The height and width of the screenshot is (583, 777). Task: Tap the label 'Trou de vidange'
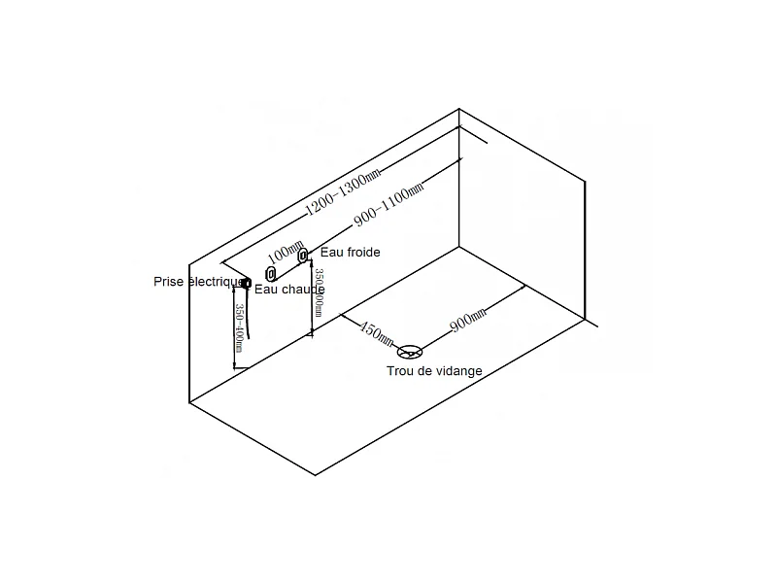pyautogui.click(x=434, y=371)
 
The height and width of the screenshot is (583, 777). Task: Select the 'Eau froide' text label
pyautogui.click(x=350, y=253)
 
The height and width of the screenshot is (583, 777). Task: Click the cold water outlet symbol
pyautogui.click(x=304, y=256)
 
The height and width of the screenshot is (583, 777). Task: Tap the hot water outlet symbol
pyautogui.click(x=271, y=275)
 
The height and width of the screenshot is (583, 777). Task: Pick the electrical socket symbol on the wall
pyautogui.click(x=246, y=283)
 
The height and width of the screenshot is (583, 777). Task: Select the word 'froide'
pyautogui.click(x=363, y=253)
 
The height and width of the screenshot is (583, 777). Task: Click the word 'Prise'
pyautogui.click(x=168, y=282)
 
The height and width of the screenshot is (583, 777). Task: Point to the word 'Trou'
pyautogui.click(x=400, y=371)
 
